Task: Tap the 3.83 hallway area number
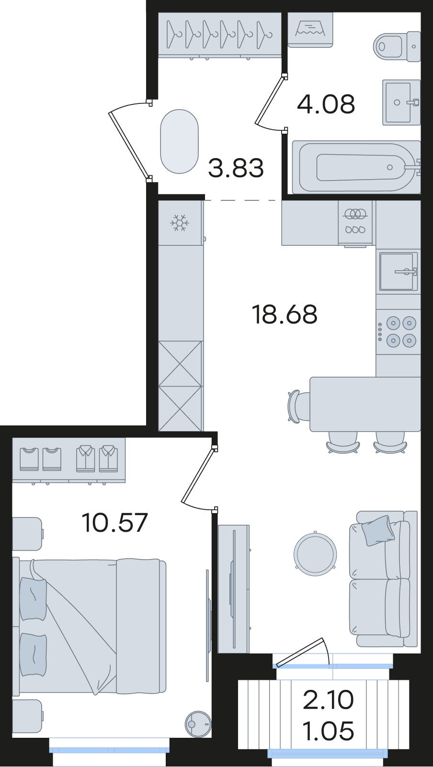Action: [x=236, y=168]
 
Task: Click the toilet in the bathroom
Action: [x=397, y=46]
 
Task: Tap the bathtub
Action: [x=356, y=167]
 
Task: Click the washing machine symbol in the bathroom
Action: [x=310, y=30]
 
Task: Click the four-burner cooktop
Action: [x=398, y=332]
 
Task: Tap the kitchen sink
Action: [x=399, y=271]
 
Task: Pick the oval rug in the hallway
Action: [x=179, y=141]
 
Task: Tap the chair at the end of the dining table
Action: [x=297, y=405]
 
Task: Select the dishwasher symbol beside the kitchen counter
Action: [x=355, y=223]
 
